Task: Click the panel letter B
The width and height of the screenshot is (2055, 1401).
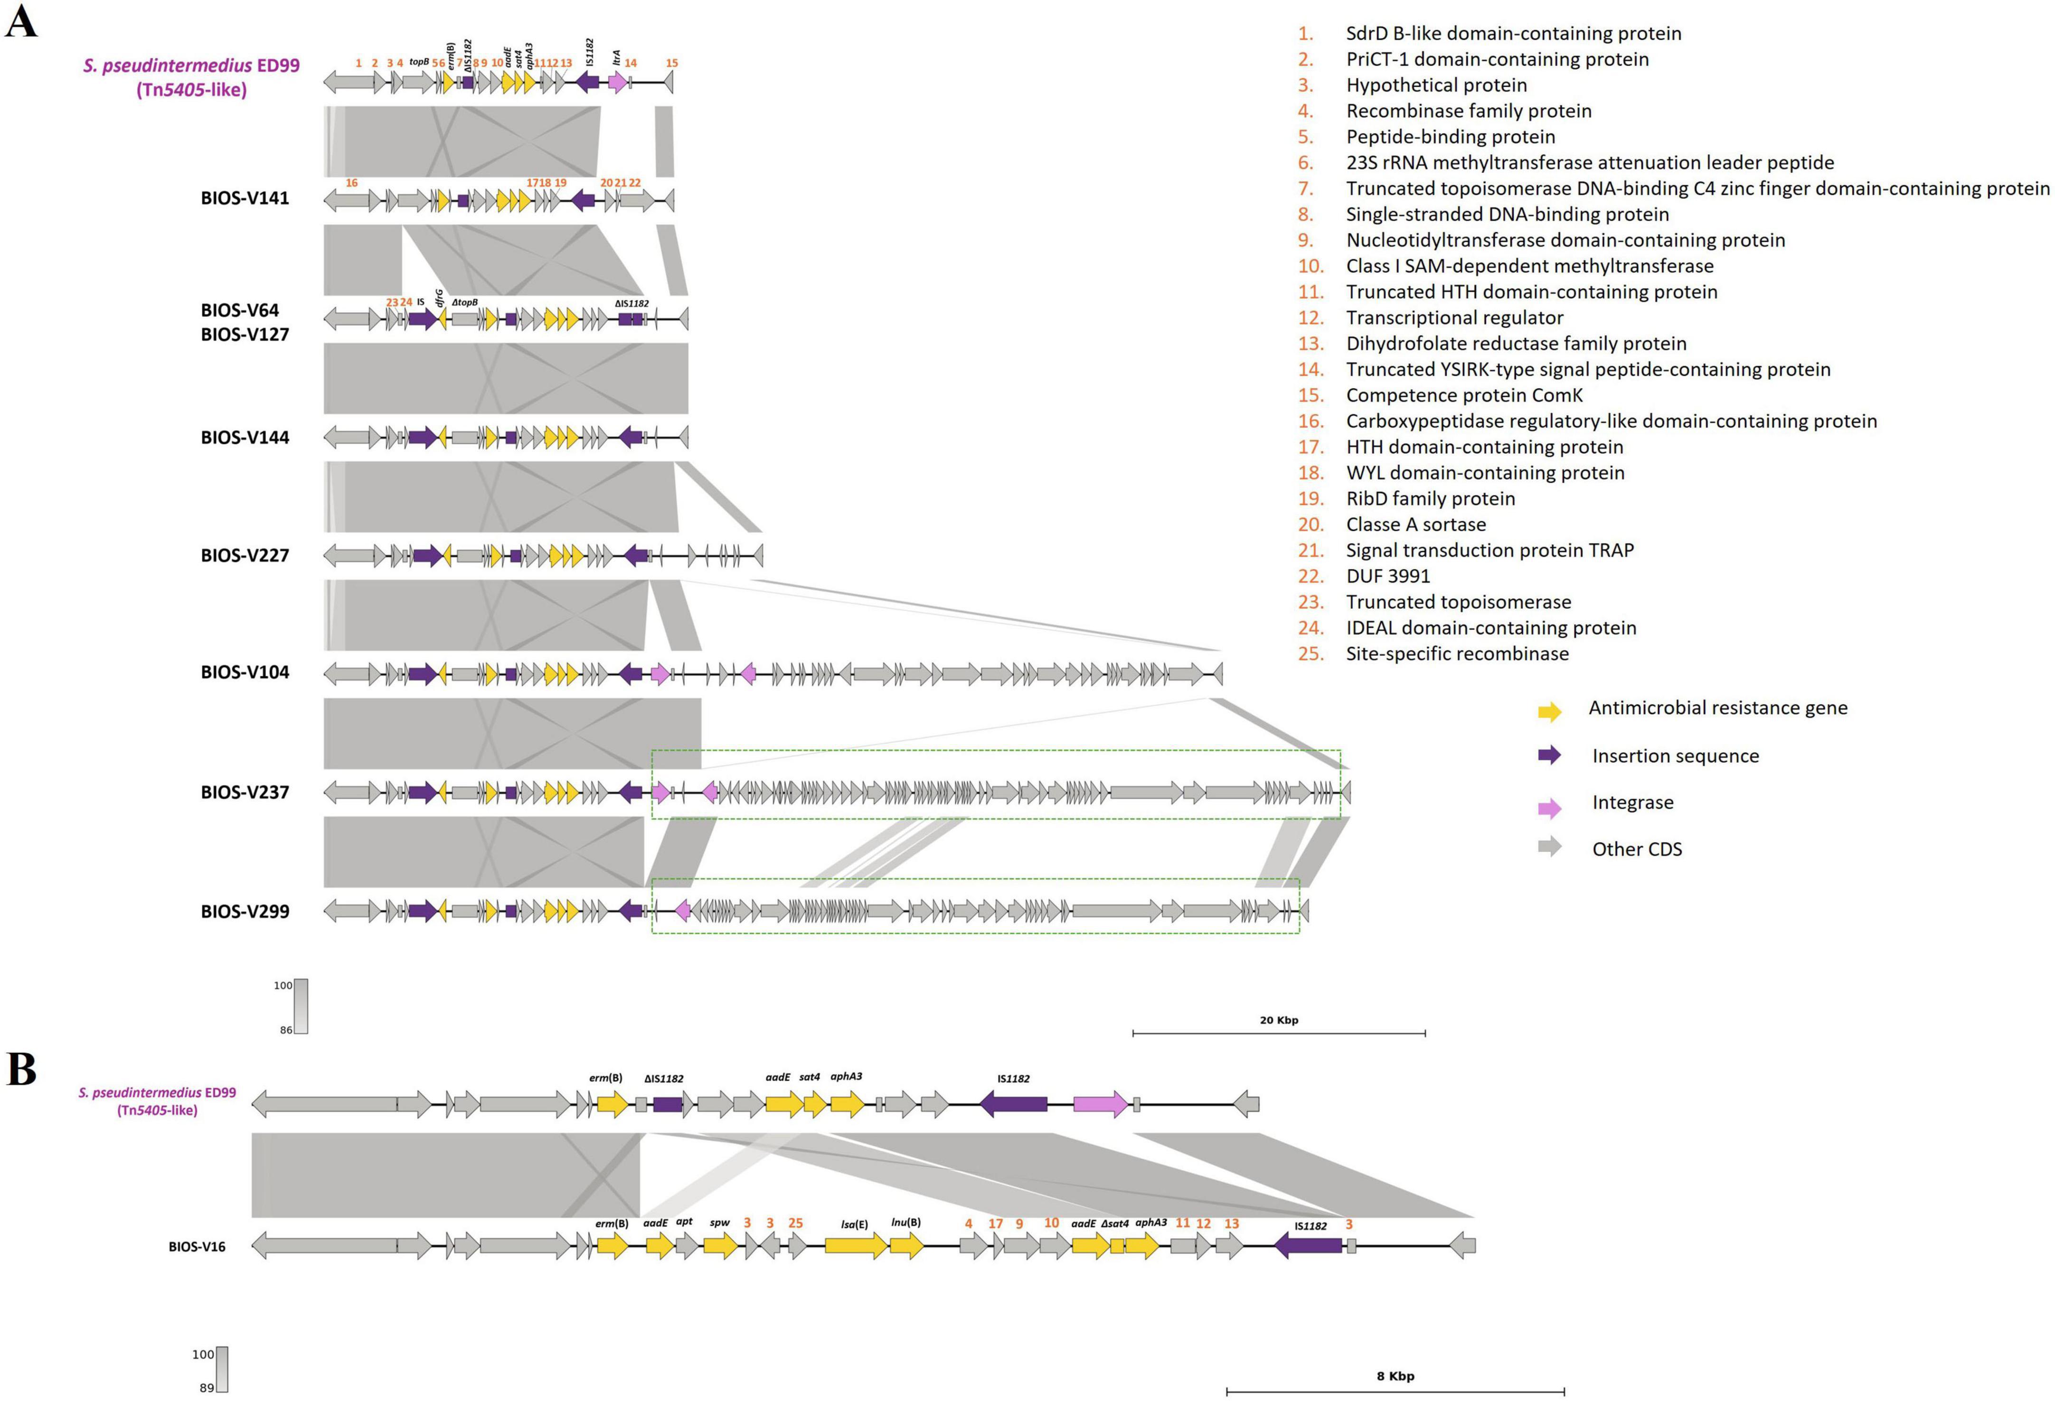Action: (22, 1070)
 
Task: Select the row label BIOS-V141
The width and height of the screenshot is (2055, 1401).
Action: (245, 198)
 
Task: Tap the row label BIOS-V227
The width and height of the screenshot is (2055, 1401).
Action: (245, 556)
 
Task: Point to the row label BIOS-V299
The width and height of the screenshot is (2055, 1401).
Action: (245, 911)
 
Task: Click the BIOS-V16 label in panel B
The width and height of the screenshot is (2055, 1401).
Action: (197, 1246)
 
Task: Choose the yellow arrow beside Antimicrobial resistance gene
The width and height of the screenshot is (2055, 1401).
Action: (1549, 710)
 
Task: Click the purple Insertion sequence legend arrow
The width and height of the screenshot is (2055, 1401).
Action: (1549, 755)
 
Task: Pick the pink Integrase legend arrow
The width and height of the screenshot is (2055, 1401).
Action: (1549, 806)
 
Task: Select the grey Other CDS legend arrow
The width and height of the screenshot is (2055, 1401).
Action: (1549, 847)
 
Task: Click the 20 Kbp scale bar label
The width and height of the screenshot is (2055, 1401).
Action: (1279, 1020)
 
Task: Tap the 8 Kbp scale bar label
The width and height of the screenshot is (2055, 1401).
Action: (1395, 1376)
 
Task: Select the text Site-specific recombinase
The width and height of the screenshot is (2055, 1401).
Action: (1457, 654)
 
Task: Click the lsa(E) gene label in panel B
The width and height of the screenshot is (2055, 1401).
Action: (854, 1224)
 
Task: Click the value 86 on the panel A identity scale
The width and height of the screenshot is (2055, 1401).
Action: (286, 1030)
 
